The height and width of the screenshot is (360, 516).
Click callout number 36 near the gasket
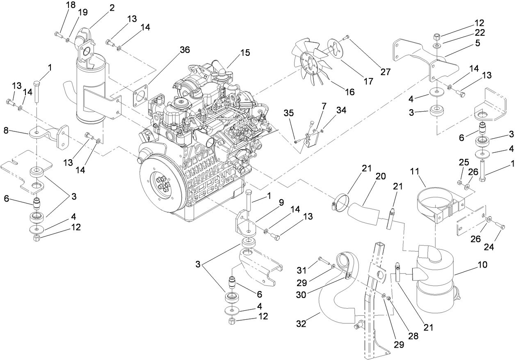point(185,50)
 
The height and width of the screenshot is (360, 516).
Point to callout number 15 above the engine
point(245,53)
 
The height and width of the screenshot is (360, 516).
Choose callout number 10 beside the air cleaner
point(482,265)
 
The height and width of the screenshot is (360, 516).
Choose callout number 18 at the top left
point(71,5)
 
